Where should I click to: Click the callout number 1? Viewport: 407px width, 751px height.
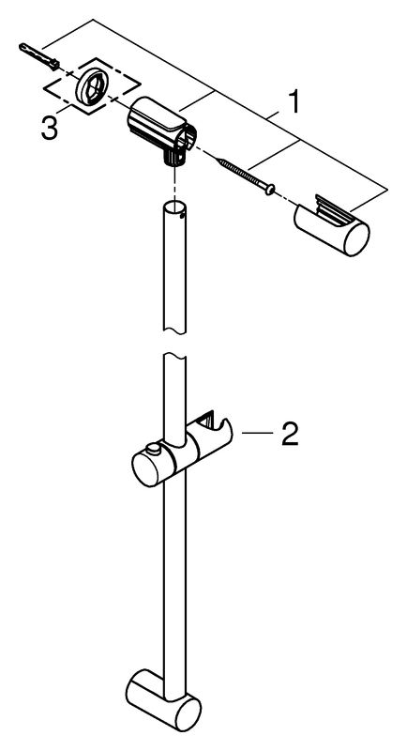point(294,102)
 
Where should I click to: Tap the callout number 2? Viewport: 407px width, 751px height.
point(290,434)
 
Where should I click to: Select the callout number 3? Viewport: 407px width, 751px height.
point(50,129)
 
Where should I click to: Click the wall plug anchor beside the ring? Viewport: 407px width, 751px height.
point(39,55)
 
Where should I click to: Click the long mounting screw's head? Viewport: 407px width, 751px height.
point(270,190)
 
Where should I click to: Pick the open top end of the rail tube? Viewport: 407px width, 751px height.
point(174,208)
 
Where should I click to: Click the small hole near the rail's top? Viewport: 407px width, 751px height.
point(180,217)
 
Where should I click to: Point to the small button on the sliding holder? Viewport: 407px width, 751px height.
point(153,449)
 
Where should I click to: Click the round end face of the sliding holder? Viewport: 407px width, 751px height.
point(147,470)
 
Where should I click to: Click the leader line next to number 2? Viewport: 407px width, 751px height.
point(257,433)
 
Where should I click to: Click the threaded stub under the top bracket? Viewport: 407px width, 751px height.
point(174,157)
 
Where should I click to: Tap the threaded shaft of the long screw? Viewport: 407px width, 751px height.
point(241,175)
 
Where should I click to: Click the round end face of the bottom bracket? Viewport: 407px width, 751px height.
point(187,713)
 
